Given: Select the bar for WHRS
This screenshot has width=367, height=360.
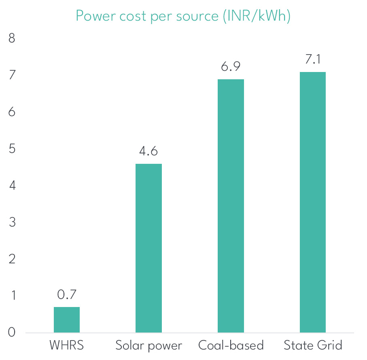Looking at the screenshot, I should (67, 320).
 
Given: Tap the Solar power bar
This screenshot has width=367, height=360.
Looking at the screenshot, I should (148, 248).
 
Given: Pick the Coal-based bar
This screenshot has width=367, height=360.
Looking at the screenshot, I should (231, 205).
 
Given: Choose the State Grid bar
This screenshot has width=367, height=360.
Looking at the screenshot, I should (312, 202).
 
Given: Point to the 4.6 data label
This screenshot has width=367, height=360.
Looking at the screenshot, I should (148, 151).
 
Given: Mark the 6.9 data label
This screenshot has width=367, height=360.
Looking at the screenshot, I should (231, 67).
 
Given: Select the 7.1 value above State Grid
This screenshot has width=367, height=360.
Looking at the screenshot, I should (312, 59).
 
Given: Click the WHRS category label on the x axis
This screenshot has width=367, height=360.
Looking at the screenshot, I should (67, 346).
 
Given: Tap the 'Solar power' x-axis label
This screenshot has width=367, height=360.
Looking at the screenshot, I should (148, 346).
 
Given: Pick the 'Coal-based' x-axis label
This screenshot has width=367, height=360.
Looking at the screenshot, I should (231, 346).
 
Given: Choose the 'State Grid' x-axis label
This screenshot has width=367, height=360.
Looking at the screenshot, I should (313, 346).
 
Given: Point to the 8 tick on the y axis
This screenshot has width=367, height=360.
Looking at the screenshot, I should (12, 38).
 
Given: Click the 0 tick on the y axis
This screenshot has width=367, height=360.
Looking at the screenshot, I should (12, 332).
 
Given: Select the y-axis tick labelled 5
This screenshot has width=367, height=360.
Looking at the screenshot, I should (12, 149).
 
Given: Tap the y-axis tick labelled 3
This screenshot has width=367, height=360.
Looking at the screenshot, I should (12, 222).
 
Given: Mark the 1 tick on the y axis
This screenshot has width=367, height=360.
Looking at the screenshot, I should (12, 296).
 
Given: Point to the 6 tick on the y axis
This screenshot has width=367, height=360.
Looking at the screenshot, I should (12, 112).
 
